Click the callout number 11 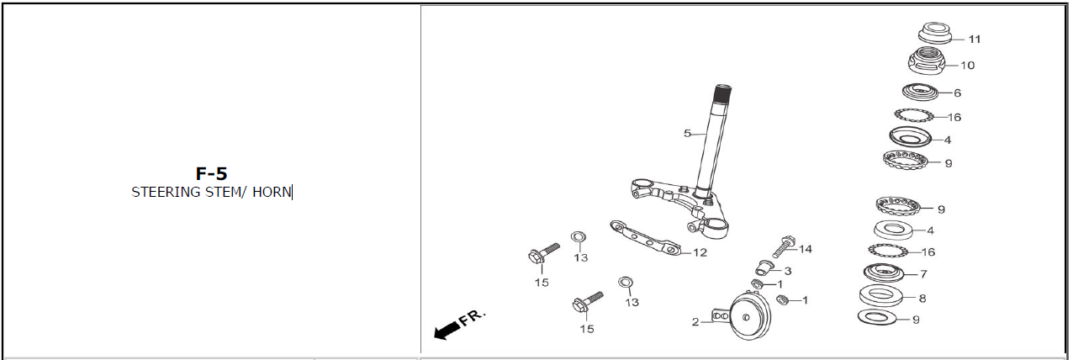[x=975, y=40]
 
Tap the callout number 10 [x=967, y=65]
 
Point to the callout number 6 [x=957, y=93]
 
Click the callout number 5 [x=687, y=133]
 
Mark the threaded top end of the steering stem [x=724, y=94]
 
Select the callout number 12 [x=700, y=251]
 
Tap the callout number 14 [x=806, y=249]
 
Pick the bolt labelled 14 [x=783, y=246]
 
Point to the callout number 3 [x=787, y=271]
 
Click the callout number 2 [x=695, y=321]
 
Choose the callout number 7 [x=924, y=273]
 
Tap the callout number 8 [x=922, y=298]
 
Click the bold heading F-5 [x=211, y=174]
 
